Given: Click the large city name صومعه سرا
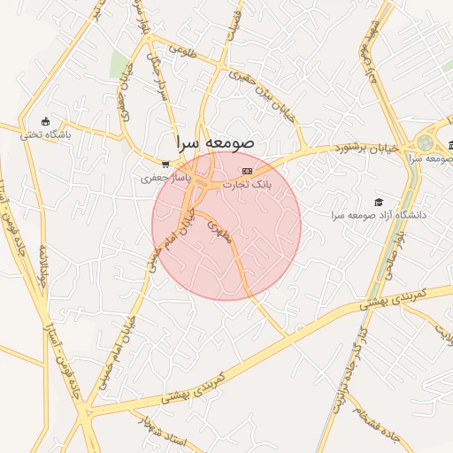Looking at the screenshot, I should click(215, 142).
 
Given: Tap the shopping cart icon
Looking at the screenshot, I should click(165, 164).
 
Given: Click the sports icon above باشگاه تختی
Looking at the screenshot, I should click(46, 122).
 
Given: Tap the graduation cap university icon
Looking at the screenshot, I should click(379, 203).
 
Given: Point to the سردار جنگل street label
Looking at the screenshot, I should click(163, 88).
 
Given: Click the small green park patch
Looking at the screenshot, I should click(119, 64).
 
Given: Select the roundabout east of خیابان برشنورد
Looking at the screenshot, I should click(427, 142).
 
